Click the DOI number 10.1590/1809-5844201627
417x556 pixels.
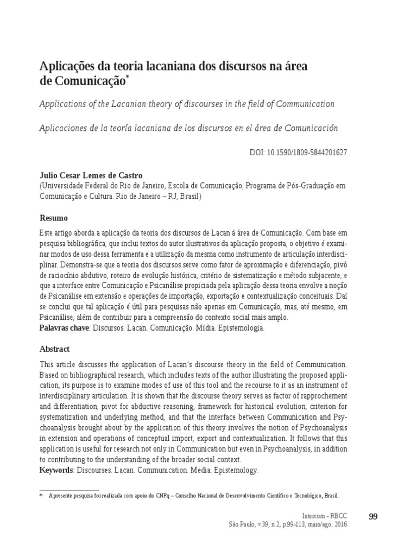[x=306, y=153]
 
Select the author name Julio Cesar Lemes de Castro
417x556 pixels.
[x=92, y=176]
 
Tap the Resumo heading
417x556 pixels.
[x=54, y=218]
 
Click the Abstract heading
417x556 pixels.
[x=55, y=349]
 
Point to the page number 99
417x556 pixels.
[x=373, y=516]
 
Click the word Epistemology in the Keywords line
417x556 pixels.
[x=234, y=470]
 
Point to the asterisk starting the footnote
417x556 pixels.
[x=41, y=496]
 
